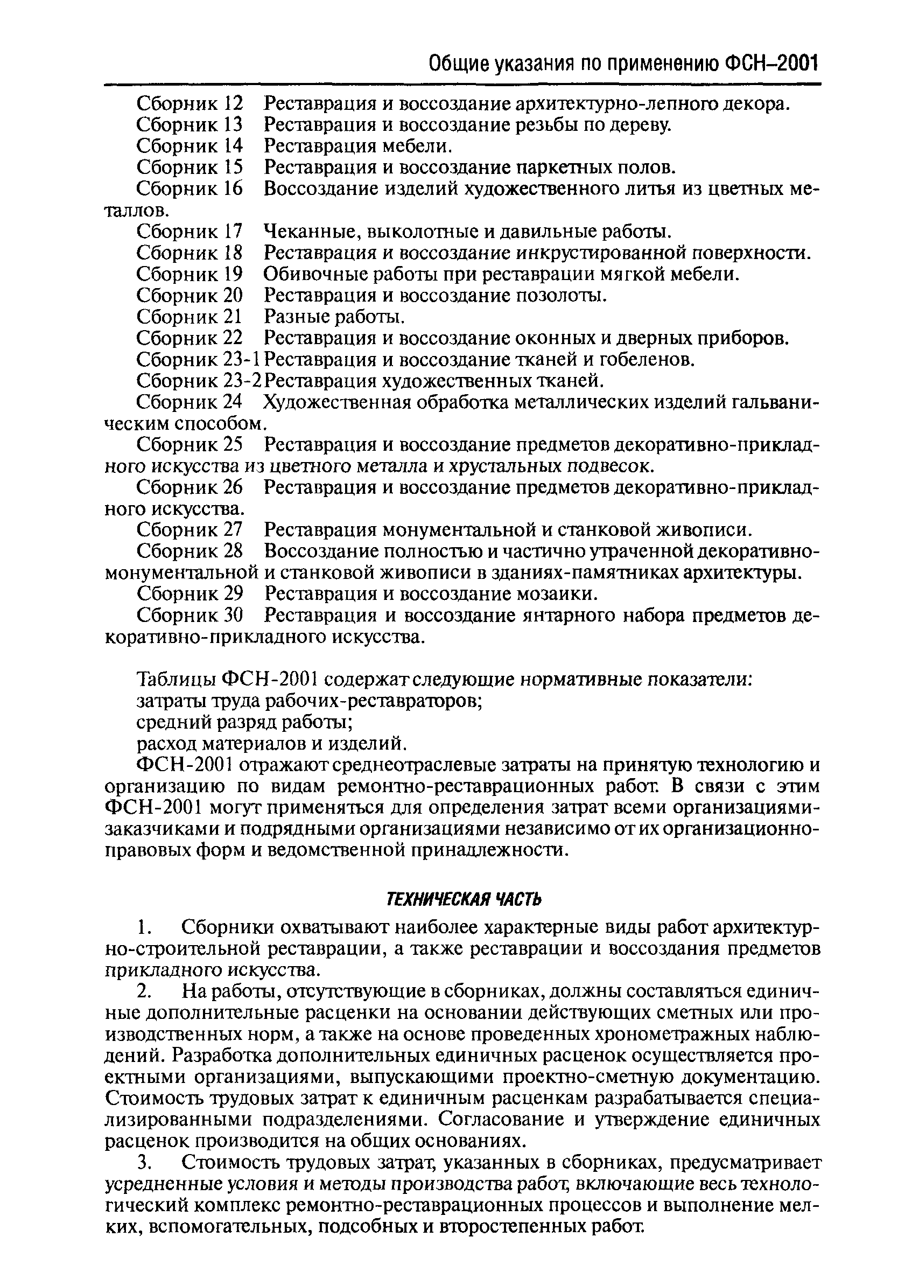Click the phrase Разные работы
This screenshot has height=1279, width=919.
pos(334,317)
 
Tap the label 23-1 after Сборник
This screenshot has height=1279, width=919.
pos(243,360)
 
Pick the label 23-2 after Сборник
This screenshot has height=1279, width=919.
pos(243,381)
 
